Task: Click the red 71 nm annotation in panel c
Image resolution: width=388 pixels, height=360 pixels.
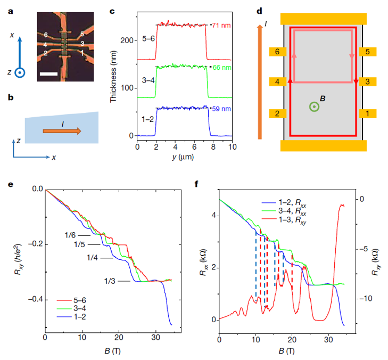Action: (x=221, y=24)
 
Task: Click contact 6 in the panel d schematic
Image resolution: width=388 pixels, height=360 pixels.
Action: (x=276, y=52)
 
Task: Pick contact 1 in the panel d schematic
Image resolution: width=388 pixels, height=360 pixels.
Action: (x=369, y=113)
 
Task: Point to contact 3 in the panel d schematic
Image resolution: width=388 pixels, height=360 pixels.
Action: (x=369, y=82)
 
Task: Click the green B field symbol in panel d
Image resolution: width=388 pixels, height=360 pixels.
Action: (x=315, y=107)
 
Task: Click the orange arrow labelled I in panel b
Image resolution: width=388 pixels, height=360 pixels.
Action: (x=59, y=129)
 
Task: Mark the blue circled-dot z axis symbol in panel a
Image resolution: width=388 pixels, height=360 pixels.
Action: (x=19, y=73)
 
